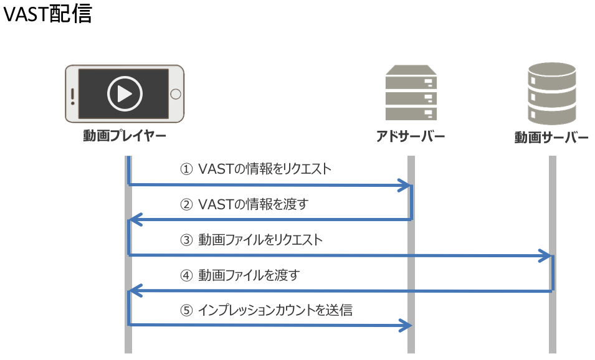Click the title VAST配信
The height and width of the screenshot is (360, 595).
point(47,14)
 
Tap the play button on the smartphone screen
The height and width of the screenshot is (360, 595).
point(125,94)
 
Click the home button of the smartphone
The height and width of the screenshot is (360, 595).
point(176,94)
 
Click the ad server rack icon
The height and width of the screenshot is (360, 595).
point(411,93)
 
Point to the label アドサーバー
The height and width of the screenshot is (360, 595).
point(411,136)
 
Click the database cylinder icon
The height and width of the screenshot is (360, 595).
point(552,93)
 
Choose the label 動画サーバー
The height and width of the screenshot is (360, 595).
point(551,137)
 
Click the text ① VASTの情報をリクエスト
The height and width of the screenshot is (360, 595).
point(255,169)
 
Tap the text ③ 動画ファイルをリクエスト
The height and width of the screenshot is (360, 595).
point(251,239)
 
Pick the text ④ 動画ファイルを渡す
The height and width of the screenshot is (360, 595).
point(240,274)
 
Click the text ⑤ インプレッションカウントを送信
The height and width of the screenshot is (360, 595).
point(266,310)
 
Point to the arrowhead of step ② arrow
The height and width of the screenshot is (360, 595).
point(133,220)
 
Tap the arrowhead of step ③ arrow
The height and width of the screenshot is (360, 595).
point(548,255)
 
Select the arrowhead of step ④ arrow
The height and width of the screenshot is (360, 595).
point(133,291)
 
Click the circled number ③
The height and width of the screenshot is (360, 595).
point(186,240)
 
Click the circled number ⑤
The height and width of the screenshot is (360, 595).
point(186,310)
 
